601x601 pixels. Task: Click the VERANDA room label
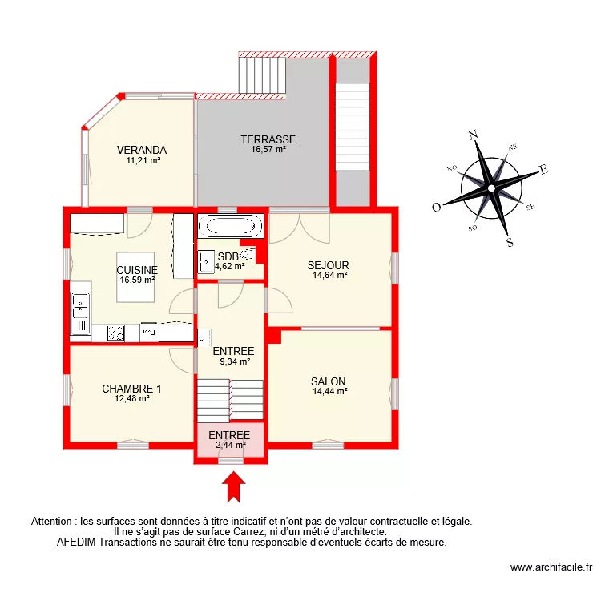coord(141,150)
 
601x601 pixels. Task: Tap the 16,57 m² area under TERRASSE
coord(268,149)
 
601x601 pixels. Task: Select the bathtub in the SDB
coord(231,226)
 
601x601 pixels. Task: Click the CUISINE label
coord(137,271)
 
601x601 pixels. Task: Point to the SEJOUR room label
coord(329,265)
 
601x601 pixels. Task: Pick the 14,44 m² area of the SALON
coord(329,392)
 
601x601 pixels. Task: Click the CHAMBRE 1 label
coord(131,389)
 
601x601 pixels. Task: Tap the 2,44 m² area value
coord(230,445)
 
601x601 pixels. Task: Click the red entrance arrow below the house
coord(233,487)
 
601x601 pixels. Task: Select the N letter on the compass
coord(473,135)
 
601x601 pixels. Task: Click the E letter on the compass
coord(543,170)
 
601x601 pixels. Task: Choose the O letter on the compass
coord(437,207)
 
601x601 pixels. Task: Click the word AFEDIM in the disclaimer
coord(76,542)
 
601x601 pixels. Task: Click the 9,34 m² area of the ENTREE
coord(233,361)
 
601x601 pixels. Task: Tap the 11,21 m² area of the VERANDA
coord(143,160)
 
